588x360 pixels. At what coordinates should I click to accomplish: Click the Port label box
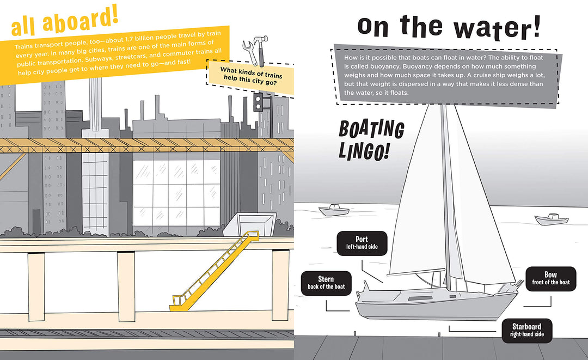(362, 243)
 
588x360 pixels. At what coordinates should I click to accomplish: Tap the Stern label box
(326, 282)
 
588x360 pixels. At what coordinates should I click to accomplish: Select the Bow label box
(550, 278)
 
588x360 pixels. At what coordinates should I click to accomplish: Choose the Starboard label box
(528, 330)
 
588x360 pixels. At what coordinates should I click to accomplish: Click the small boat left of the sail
(334, 210)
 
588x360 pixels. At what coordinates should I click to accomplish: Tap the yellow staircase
(215, 271)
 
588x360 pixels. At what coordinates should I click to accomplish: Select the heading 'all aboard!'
(64, 22)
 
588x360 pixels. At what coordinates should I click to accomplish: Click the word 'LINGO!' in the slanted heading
(363, 150)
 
